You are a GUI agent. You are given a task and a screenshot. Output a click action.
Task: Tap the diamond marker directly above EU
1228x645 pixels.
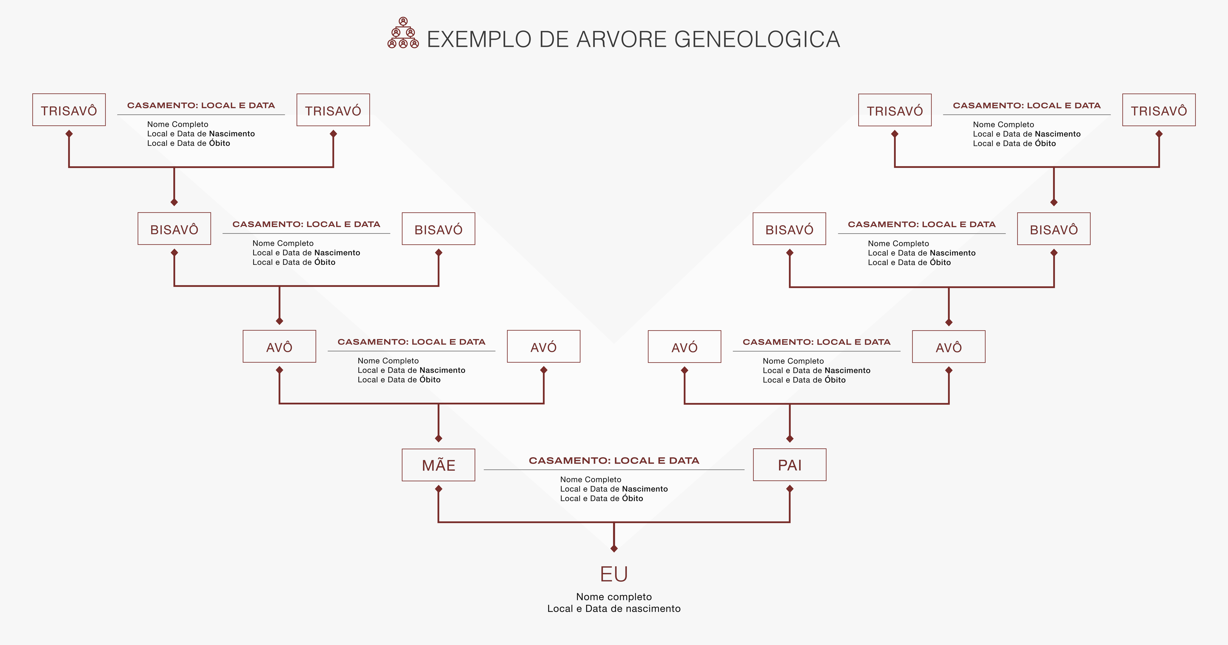614,549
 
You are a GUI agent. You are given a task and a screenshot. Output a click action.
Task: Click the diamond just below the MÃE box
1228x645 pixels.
439,489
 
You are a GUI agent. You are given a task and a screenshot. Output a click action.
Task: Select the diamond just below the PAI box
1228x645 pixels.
789,489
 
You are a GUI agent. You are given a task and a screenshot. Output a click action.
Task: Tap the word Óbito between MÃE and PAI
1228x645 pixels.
633,498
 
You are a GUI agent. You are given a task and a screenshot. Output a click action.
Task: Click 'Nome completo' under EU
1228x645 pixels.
614,597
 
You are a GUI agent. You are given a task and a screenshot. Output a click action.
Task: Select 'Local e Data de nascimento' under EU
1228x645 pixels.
614,609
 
